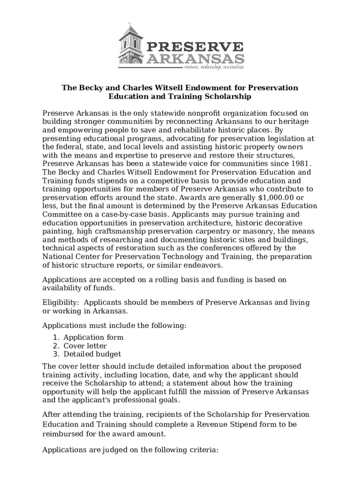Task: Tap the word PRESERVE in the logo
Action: pyautogui.click(x=195, y=47)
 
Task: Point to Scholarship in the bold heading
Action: pyautogui.click(x=229, y=97)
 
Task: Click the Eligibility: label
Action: pyautogui.click(x=60, y=303)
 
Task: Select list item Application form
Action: pyautogui.click(x=94, y=337)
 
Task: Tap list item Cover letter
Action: pyautogui.click(x=85, y=346)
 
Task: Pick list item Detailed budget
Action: pyautogui.click(x=92, y=354)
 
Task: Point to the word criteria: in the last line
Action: pyautogui.click(x=201, y=450)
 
